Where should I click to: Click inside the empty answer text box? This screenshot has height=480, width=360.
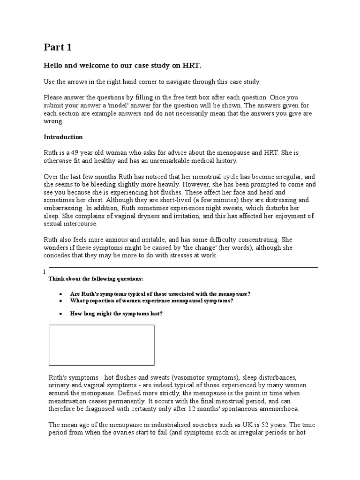(x=101, y=345)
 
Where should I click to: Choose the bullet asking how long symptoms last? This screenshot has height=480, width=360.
(x=116, y=313)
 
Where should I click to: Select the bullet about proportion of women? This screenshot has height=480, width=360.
(x=151, y=300)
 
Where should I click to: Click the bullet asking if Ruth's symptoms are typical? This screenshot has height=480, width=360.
(x=160, y=293)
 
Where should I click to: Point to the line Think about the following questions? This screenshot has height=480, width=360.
(x=96, y=279)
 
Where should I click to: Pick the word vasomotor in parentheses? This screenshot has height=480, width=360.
(x=190, y=377)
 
